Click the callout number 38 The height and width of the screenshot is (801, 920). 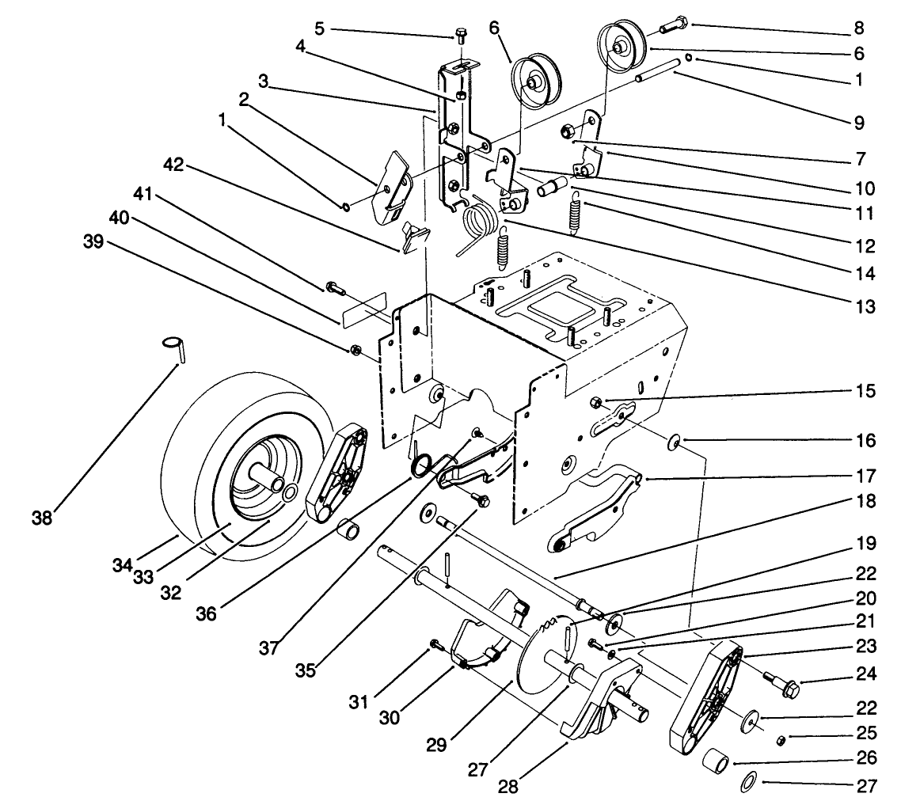coord(41,518)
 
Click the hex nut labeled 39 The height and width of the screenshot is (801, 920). coord(356,350)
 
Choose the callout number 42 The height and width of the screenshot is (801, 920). coord(173,165)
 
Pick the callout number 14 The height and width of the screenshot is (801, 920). coord(865,274)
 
